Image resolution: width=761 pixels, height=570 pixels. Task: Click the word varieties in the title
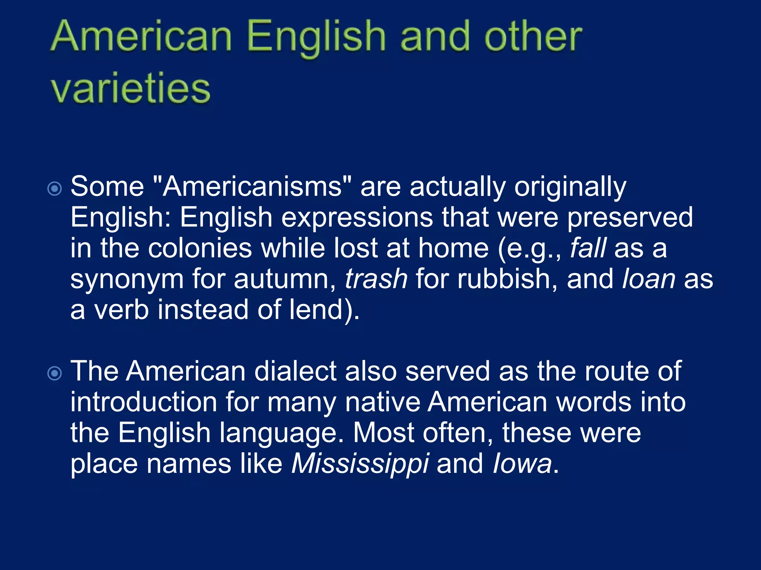coord(131,89)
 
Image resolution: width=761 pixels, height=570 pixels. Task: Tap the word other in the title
coord(533,37)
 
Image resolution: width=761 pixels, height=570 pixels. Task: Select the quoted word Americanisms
coord(252,186)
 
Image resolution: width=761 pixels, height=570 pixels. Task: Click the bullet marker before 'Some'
coord(55,189)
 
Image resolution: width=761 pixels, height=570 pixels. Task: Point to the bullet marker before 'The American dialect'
coord(55,373)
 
